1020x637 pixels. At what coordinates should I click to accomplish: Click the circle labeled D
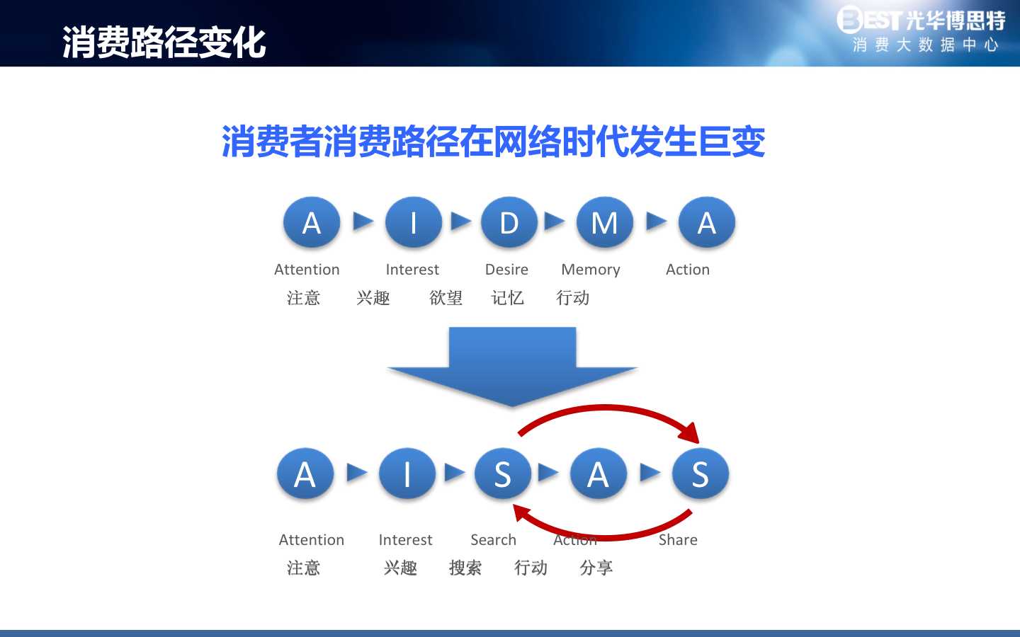pos(509,222)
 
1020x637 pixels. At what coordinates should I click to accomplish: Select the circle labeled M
pos(605,222)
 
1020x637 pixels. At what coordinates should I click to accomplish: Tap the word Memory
pos(591,270)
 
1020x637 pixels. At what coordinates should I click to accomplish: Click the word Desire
pos(506,270)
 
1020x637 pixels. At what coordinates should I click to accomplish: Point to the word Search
pos(493,539)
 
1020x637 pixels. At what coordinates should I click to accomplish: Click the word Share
pos(678,539)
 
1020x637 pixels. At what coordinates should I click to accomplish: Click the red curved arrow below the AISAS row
pos(606,536)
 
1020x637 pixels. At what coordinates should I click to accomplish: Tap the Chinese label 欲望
pos(446,298)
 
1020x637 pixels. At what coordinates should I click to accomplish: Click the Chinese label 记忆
pos(507,298)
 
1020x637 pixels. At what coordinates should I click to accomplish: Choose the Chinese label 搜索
pos(465,568)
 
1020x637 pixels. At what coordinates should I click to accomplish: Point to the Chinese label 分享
pos(596,568)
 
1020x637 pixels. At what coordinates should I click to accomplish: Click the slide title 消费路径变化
pos(164,42)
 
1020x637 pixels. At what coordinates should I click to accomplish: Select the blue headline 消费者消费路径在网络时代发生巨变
pos(493,142)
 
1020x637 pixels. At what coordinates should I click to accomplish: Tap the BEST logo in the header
pos(921,20)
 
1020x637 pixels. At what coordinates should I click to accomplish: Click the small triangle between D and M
pos(555,221)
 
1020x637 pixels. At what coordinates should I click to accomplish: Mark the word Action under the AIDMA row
pos(688,270)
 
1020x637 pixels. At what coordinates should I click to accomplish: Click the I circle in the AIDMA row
pos(414,222)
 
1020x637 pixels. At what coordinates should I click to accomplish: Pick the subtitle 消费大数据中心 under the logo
pos(925,45)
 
